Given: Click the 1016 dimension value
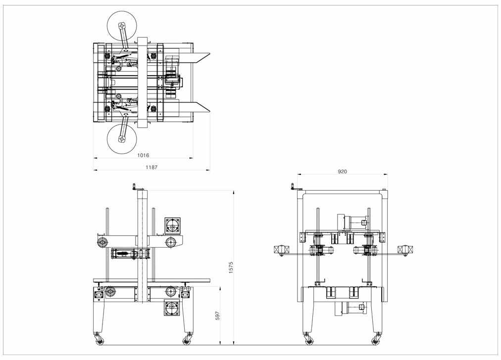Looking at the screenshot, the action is [x=143, y=155].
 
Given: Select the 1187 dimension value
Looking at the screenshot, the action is [x=151, y=167].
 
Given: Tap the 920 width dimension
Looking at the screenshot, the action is [x=342, y=172].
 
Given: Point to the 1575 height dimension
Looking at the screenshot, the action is [x=231, y=267].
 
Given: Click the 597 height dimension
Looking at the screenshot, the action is [x=218, y=315].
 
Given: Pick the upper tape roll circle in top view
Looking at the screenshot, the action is [x=122, y=26].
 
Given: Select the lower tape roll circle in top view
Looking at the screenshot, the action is [x=122, y=139].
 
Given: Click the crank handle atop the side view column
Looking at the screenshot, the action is [x=135, y=186].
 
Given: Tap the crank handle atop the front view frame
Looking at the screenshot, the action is [x=293, y=187].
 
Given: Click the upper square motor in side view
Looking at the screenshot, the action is [x=173, y=226].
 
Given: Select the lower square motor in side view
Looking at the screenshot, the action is [x=172, y=308].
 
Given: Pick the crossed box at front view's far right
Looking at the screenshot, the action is [x=405, y=250].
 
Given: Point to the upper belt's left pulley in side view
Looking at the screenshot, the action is [x=103, y=243].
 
